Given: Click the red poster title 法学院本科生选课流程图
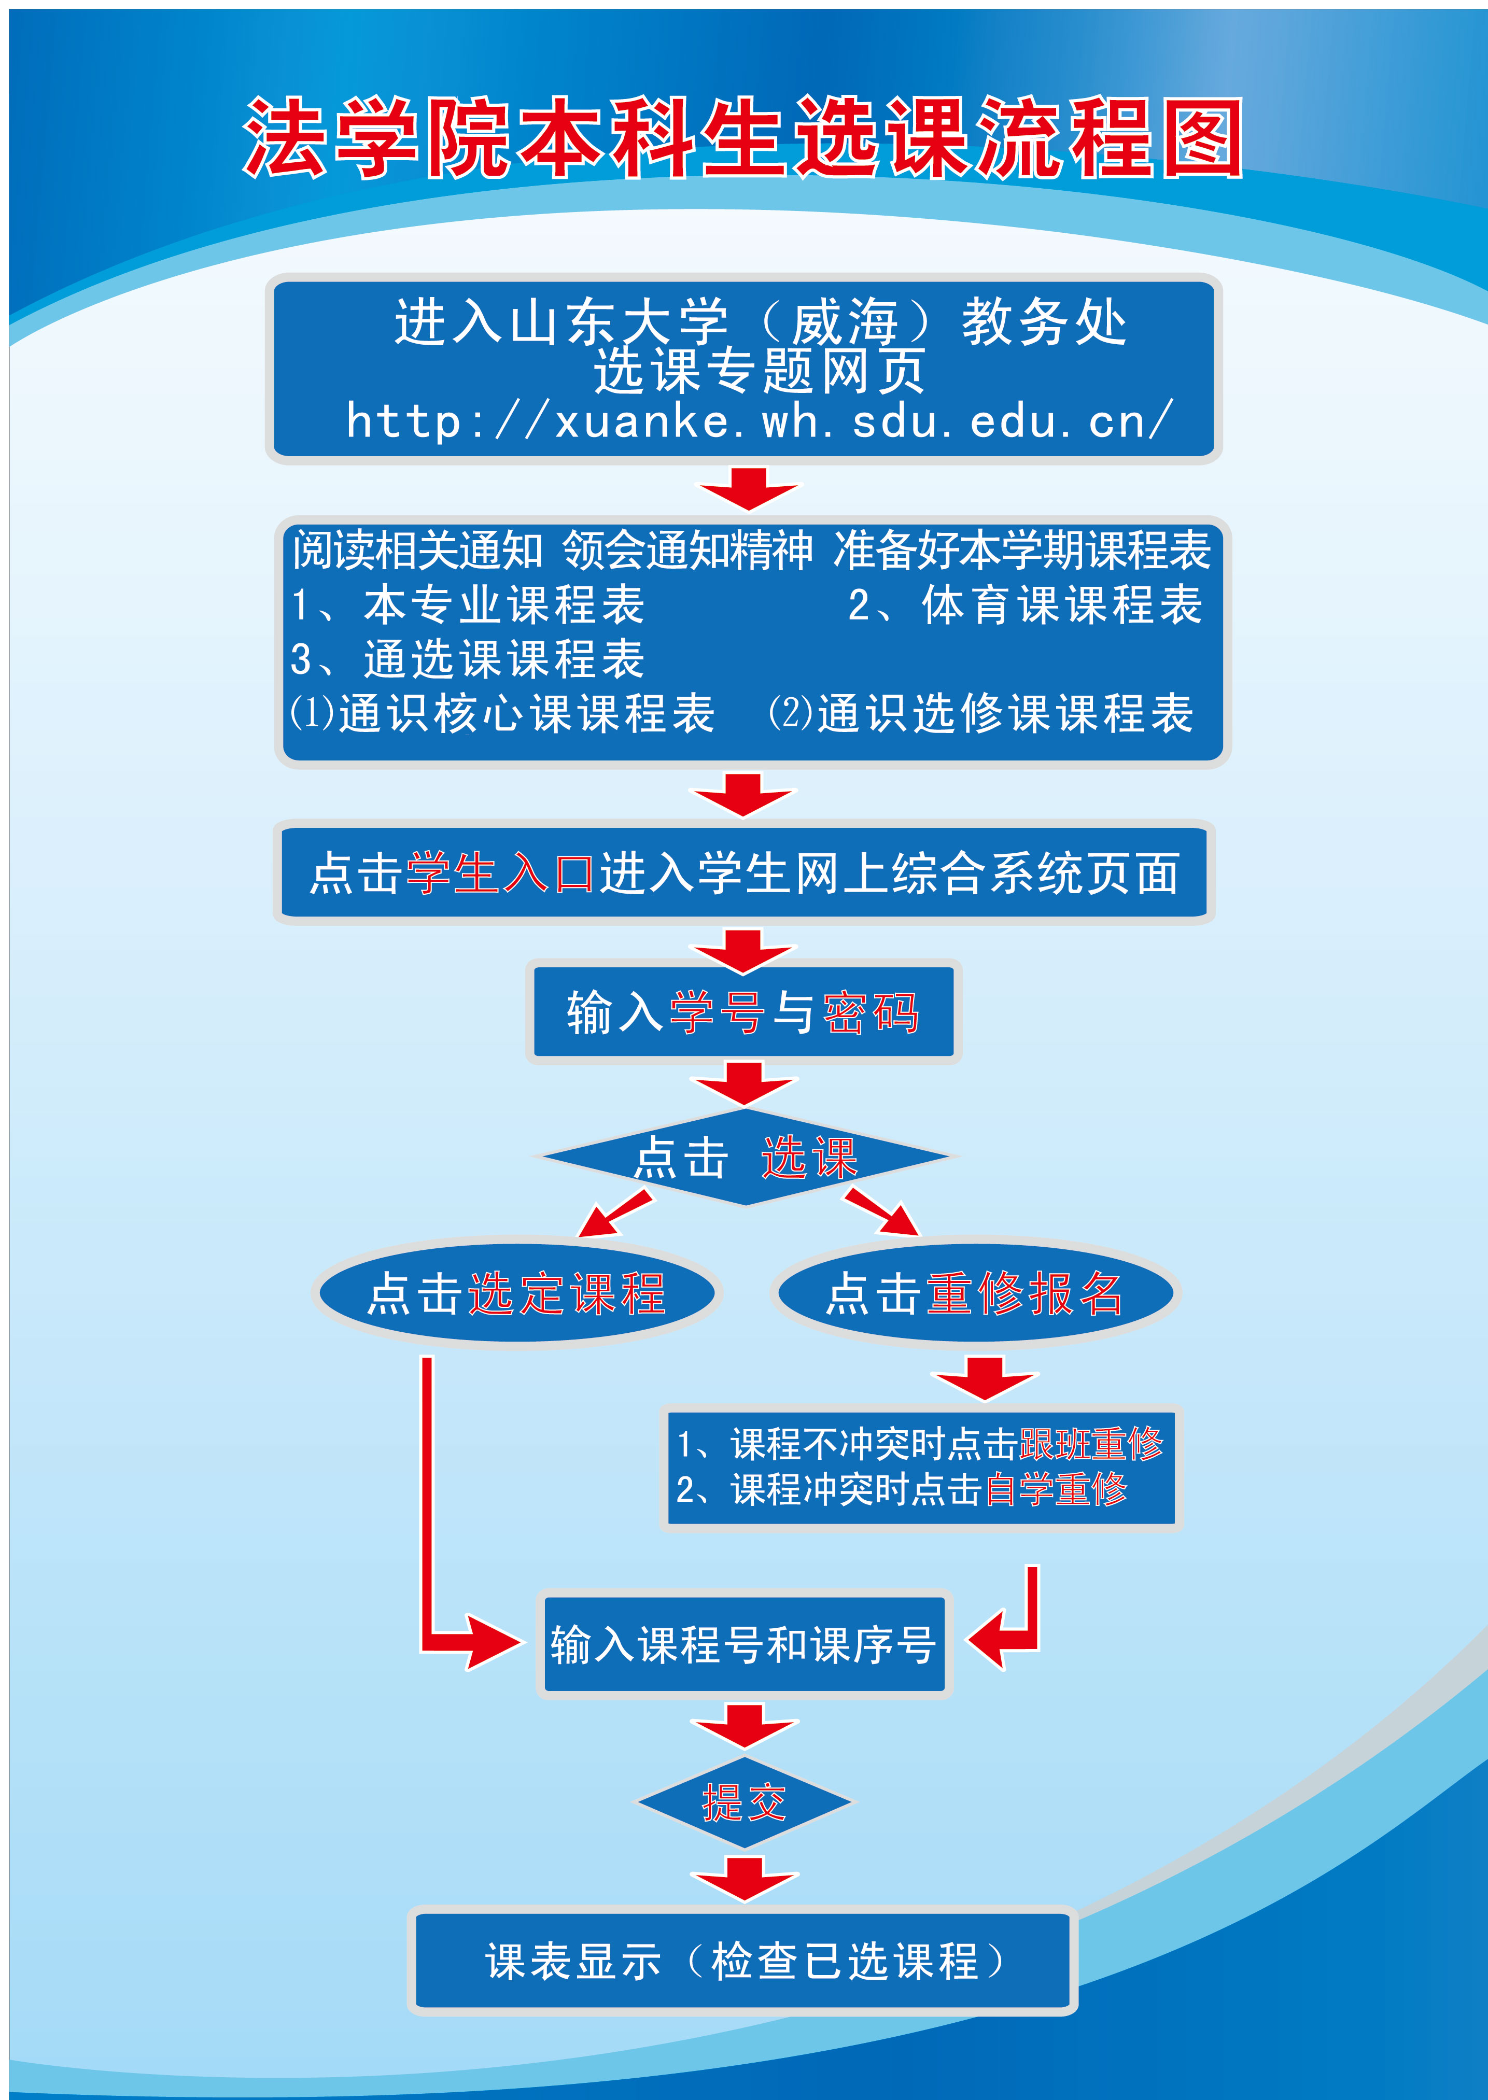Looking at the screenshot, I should pos(742,137).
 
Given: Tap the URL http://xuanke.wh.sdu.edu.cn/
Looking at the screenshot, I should pos(759,421).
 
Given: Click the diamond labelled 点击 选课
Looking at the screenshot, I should pos(745,1157).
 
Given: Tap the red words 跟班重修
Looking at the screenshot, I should pos(1090,1444).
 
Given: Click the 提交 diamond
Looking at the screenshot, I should pos(744,1802).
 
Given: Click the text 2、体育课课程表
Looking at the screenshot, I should pos(1024,605).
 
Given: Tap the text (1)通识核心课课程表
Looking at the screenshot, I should pos(502,713).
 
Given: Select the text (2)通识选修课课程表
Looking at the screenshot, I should pos(980,713).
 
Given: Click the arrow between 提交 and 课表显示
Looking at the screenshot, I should pos(744,1878).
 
